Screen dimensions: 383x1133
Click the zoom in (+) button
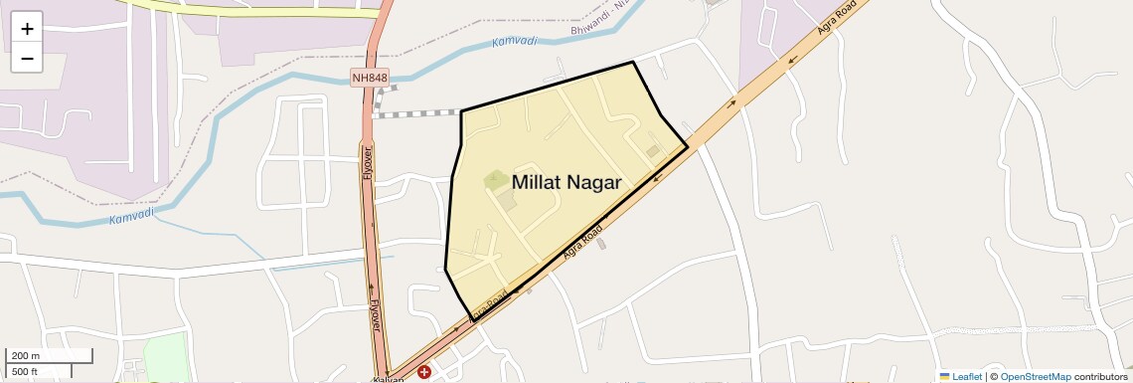pyautogui.click(x=27, y=29)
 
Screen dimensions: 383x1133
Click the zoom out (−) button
pyautogui.click(x=27, y=58)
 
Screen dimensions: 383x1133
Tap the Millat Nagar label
pyautogui.click(x=566, y=183)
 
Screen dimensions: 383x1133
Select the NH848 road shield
pyautogui.click(x=369, y=78)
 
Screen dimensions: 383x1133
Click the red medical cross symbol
pyautogui.click(x=424, y=372)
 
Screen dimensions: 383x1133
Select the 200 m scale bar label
pyautogui.click(x=26, y=355)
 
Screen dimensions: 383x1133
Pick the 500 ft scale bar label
pyautogui.click(x=26, y=371)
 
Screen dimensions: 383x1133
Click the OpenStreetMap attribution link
pyautogui.click(x=1035, y=376)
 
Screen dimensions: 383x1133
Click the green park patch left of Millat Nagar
pyautogui.click(x=495, y=180)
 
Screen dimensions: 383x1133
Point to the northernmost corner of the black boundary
pyautogui.click(x=633, y=62)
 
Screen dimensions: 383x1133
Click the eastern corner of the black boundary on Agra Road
pyautogui.click(x=688, y=147)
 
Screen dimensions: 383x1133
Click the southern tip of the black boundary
pyautogui.click(x=471, y=318)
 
